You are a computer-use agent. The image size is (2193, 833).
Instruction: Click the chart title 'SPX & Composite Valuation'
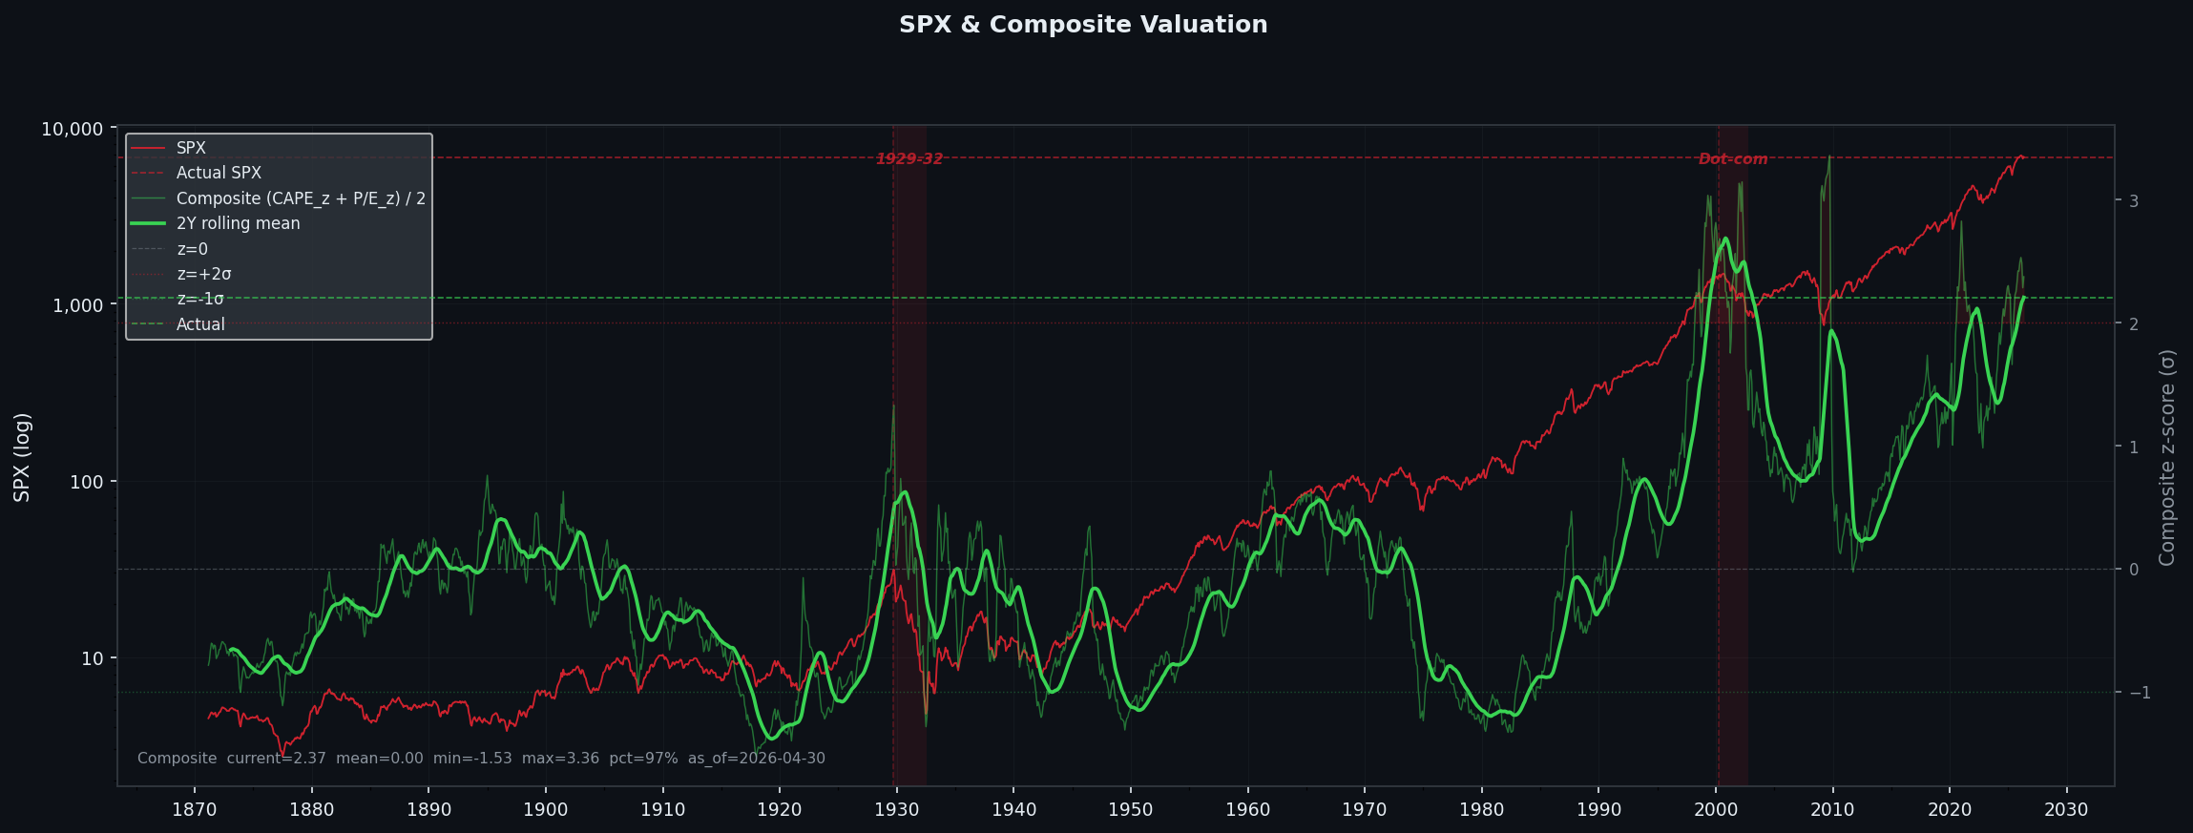click(x=1083, y=25)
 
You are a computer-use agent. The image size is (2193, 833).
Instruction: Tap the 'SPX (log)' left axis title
click(x=22, y=457)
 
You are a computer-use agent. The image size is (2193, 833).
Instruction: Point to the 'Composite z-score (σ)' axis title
click(x=2166, y=457)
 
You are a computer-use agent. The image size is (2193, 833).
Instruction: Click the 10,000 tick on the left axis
click(x=72, y=129)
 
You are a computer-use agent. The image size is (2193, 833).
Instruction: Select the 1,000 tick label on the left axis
click(x=77, y=305)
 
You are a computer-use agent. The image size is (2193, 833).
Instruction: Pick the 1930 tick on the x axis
click(x=896, y=810)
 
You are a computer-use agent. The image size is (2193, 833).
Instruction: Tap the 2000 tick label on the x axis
click(x=1716, y=810)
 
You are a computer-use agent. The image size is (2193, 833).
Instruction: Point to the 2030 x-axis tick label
click(x=2066, y=810)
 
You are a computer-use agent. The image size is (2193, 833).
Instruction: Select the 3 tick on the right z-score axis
click(x=2133, y=201)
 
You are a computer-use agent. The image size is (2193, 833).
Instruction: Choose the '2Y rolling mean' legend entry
click(x=238, y=223)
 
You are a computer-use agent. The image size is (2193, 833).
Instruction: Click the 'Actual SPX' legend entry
click(x=219, y=173)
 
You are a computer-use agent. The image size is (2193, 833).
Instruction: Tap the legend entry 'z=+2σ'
click(x=203, y=274)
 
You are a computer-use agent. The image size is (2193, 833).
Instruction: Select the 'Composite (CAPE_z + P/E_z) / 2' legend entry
click(x=301, y=198)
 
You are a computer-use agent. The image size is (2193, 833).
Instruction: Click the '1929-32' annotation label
click(x=909, y=159)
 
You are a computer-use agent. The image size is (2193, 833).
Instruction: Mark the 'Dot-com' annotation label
click(x=1732, y=159)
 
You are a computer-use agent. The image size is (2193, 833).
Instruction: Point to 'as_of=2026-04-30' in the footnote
click(x=756, y=759)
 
